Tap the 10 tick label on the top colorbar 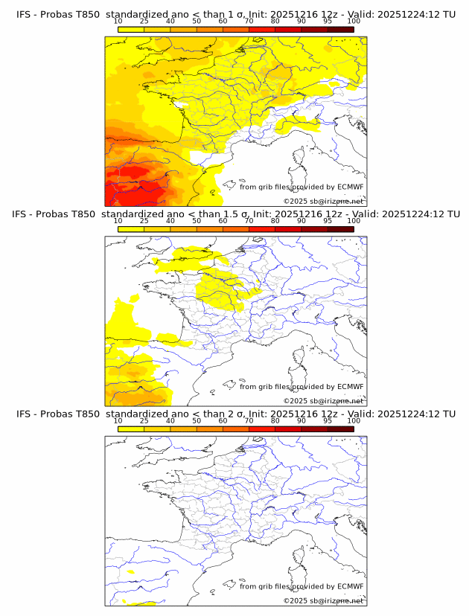118,22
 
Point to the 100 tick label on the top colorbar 354,22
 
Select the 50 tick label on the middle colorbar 197,222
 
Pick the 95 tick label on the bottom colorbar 328,422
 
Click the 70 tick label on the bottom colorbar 249,422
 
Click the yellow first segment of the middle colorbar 130,229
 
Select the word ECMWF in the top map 350,187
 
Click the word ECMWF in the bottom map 350,586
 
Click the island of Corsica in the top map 301,159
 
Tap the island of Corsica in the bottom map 301,558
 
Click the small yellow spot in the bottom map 130,572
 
